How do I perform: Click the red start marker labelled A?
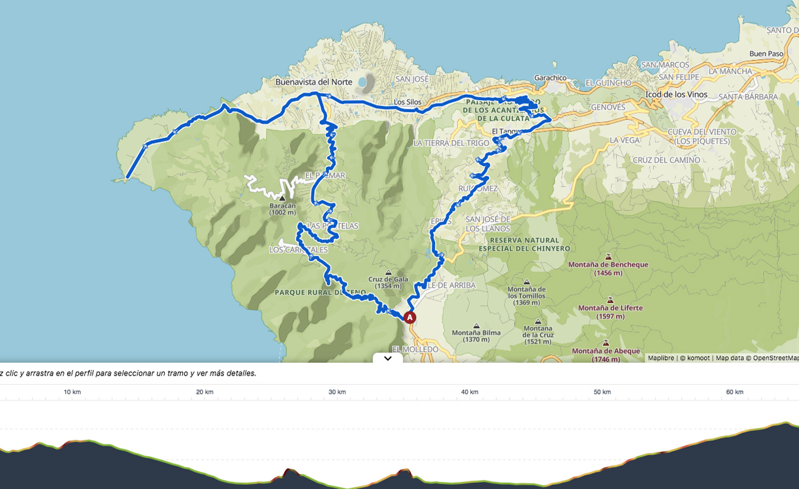click(x=410, y=318)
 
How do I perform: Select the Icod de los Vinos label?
click(x=676, y=95)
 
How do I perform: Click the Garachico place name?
click(x=550, y=78)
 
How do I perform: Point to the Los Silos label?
click(x=407, y=102)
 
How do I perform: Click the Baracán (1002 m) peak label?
click(x=282, y=209)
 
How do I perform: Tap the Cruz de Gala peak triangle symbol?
click(x=389, y=273)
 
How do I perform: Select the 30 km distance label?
click(x=337, y=392)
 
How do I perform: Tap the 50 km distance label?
click(x=602, y=392)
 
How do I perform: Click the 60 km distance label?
click(x=734, y=392)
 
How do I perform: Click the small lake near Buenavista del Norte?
click(x=364, y=82)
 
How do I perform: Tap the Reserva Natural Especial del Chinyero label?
click(x=524, y=245)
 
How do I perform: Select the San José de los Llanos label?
click(x=488, y=224)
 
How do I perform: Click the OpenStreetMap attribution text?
click(x=775, y=358)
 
